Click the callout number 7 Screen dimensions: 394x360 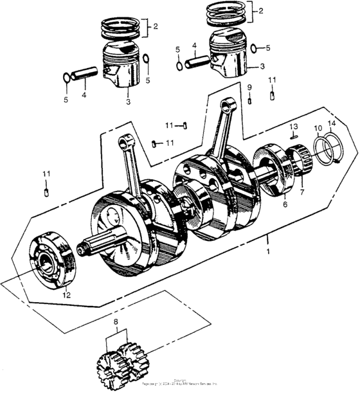pos(302,192)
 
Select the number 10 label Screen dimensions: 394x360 pos(318,129)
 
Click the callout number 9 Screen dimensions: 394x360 pos(249,87)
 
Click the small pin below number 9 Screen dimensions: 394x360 pos(249,100)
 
